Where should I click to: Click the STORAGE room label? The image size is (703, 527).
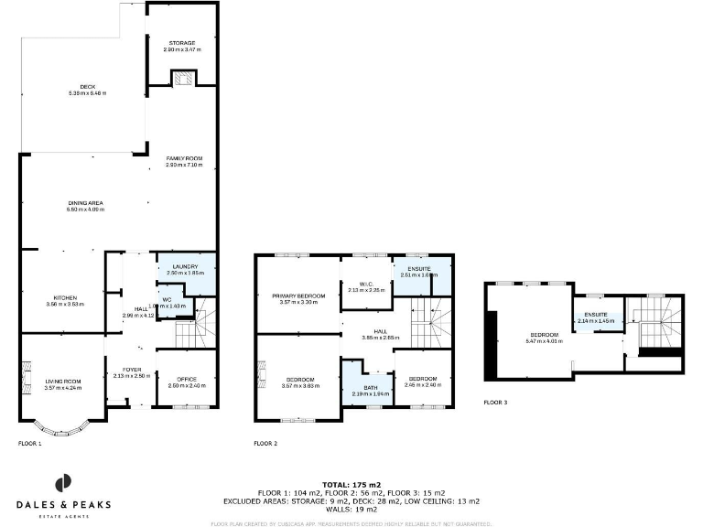pyautogui.click(x=182, y=43)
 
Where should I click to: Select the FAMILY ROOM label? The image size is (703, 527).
pyautogui.click(x=183, y=159)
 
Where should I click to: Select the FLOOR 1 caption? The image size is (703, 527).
pyautogui.click(x=30, y=443)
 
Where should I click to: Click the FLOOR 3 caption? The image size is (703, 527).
pyautogui.click(x=496, y=402)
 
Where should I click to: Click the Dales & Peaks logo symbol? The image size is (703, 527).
pyautogui.click(x=63, y=483)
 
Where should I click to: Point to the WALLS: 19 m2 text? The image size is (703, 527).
pyautogui.click(x=351, y=508)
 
